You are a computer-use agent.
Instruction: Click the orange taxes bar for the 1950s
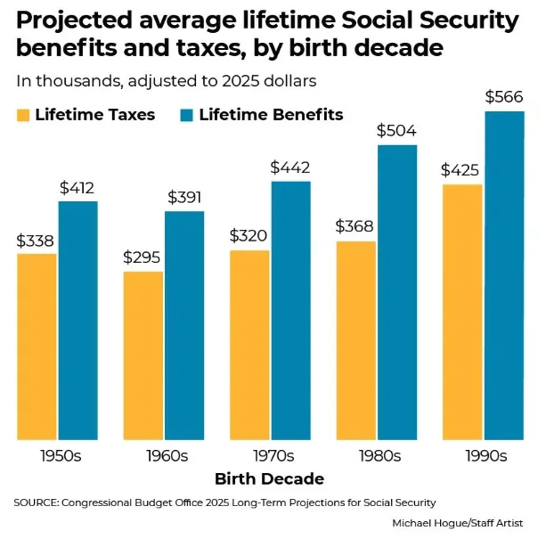(x=37, y=347)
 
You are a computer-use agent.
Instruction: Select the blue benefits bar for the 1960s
(x=184, y=325)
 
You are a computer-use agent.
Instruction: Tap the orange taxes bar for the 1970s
(x=249, y=345)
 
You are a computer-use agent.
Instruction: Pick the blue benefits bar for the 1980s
(x=397, y=292)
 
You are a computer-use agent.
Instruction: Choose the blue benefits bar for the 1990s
(x=503, y=275)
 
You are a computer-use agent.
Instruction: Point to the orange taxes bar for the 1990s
(x=461, y=312)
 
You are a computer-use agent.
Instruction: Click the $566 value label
(x=503, y=97)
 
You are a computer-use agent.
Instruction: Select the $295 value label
(x=143, y=257)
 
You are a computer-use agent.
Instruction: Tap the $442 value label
(x=290, y=167)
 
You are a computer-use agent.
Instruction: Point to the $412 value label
(x=77, y=188)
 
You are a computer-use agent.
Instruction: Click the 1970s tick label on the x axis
(x=271, y=455)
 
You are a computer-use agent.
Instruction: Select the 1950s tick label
(x=59, y=455)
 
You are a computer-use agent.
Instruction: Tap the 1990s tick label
(x=485, y=455)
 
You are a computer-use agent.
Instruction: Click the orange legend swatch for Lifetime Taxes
(x=22, y=114)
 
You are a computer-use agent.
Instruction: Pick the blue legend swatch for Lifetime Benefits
(x=187, y=114)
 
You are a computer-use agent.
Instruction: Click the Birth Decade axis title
(x=270, y=479)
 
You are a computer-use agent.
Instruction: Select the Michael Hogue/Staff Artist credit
(x=458, y=522)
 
